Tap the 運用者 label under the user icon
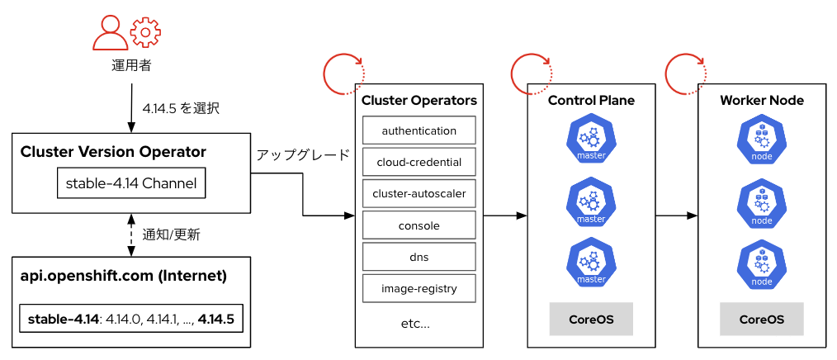(131, 66)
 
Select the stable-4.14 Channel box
(131, 183)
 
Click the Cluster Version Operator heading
(113, 152)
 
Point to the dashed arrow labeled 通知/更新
(131, 234)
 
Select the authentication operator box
(419, 131)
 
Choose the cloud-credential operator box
(419, 163)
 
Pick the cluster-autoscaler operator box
(419, 194)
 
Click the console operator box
(419, 225)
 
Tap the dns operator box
(419, 257)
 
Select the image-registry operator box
(419, 289)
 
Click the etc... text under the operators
(415, 323)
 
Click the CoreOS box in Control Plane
(591, 320)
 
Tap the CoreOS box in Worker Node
(761, 320)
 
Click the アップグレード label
(303, 155)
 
